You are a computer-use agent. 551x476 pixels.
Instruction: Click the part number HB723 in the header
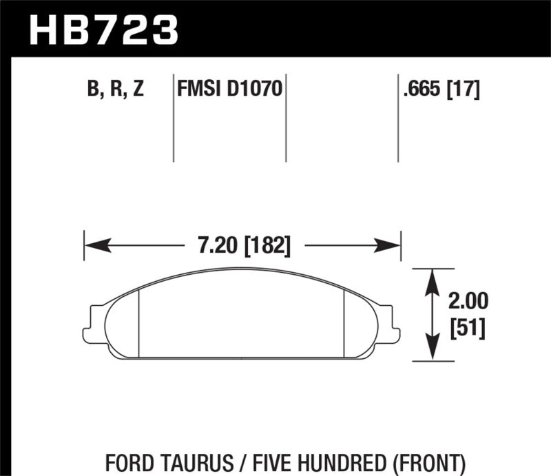point(103,30)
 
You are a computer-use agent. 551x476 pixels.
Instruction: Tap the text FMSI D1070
point(229,90)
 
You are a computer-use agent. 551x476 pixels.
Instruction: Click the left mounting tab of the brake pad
point(90,324)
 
